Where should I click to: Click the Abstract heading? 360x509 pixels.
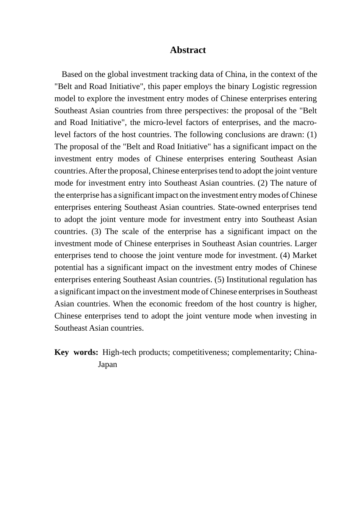click(x=188, y=50)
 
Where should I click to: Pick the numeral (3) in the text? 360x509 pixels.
click(x=96, y=231)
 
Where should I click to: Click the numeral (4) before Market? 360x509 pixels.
click(x=285, y=255)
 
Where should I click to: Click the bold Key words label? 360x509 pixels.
click(x=76, y=352)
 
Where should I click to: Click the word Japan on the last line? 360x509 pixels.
click(x=108, y=364)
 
